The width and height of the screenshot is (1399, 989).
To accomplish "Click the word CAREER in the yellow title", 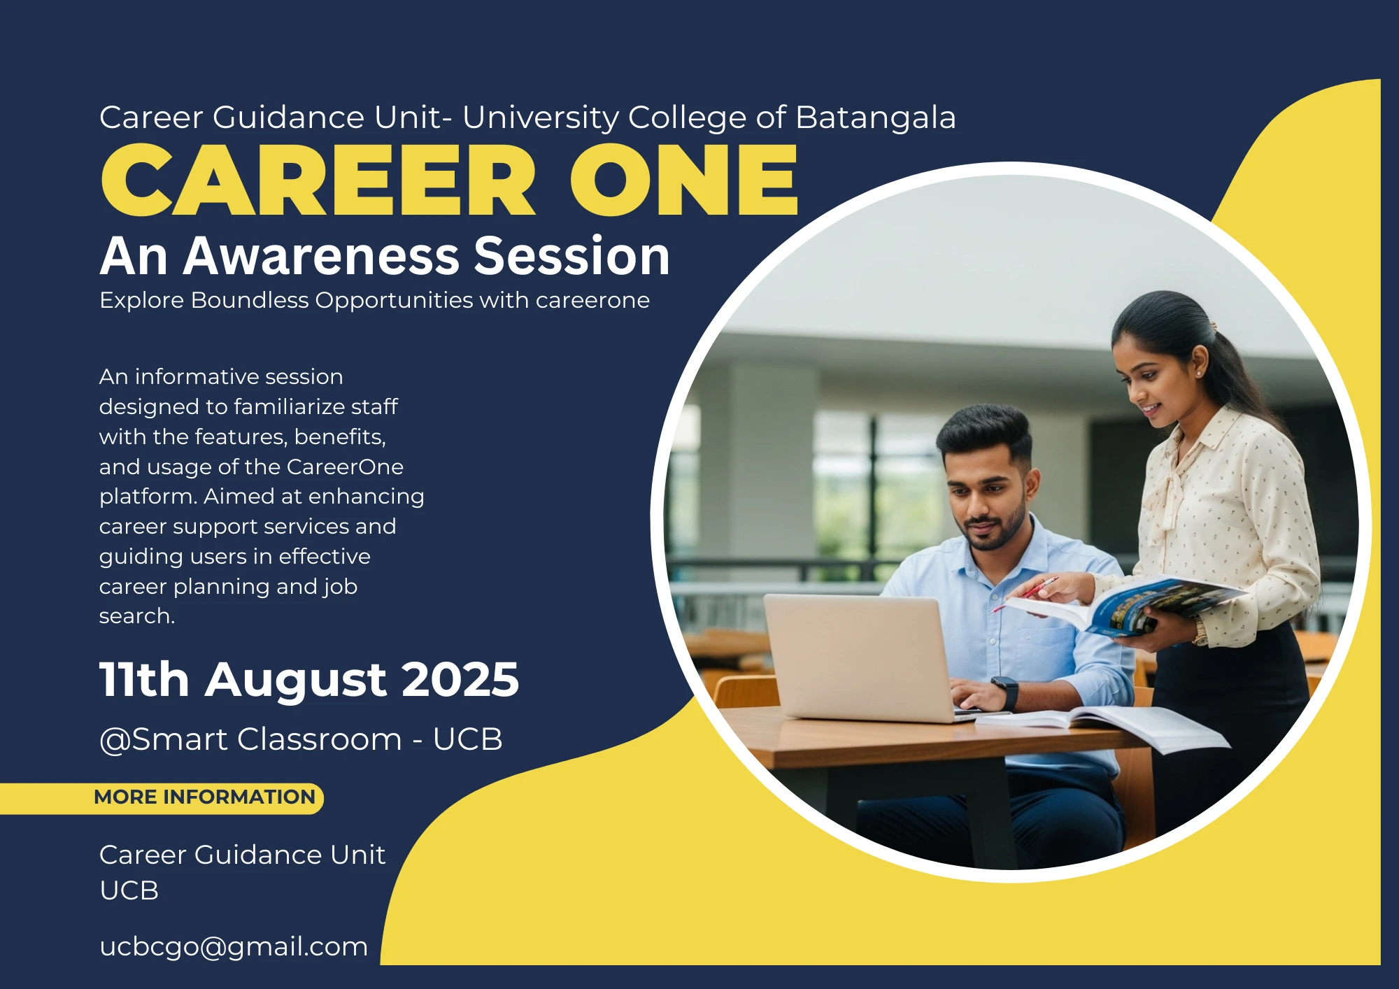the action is pos(319,180).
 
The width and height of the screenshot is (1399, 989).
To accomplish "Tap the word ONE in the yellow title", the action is pos(684,180).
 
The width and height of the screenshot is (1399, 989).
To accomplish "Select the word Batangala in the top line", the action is pos(876,118).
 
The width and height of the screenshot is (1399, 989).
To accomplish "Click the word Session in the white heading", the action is pos(572,256).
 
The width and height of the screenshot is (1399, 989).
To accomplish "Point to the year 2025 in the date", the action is pos(460,679).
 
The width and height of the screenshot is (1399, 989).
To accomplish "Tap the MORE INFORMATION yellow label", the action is pos(204,797).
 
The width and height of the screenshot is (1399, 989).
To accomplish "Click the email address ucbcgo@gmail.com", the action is pos(234,947).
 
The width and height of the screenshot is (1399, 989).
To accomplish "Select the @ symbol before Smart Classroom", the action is pos(115,740).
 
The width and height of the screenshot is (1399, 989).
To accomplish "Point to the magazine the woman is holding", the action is pos(1126,604).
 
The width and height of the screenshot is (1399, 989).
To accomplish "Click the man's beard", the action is pos(993,529).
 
